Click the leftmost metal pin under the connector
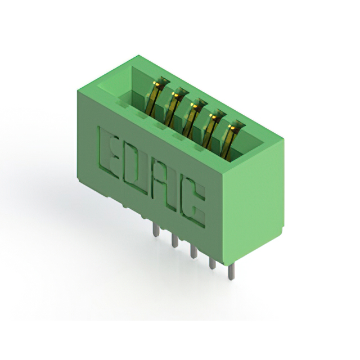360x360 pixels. tap(156, 230)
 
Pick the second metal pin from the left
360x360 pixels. tap(175, 241)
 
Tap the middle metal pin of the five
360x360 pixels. tap(193, 251)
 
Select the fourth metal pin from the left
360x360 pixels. tap(213, 262)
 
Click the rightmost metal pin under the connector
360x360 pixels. tap(231, 272)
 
